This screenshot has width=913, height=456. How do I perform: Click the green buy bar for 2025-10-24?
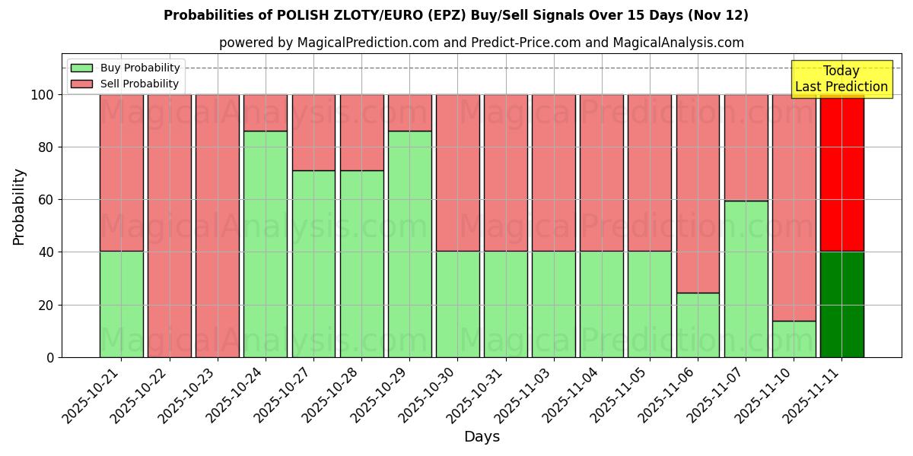pos(266,244)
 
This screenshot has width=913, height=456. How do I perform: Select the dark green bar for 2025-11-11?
pos(841,304)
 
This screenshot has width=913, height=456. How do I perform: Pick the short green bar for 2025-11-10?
pos(794,339)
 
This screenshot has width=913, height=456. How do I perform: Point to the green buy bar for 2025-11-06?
pos(698,325)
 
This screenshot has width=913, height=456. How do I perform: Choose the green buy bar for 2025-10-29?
pos(409,244)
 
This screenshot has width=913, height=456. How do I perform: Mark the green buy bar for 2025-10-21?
pos(121,304)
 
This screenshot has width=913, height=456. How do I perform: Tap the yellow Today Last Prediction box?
pos(841,79)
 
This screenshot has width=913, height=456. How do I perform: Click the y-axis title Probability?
pos(19,207)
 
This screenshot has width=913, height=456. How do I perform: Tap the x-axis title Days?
pos(482,437)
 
